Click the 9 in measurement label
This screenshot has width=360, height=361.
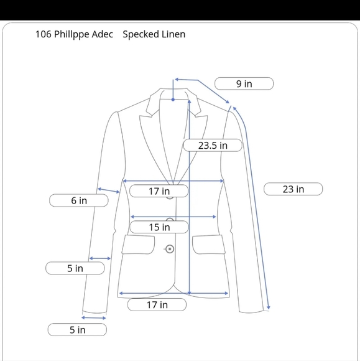coord(244,83)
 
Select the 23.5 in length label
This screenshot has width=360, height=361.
coord(213,145)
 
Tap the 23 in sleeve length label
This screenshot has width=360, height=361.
coord(293,189)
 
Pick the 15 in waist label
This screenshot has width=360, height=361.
coord(159,227)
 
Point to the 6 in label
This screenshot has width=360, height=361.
coord(79,200)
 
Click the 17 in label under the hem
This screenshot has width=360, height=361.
coord(157,304)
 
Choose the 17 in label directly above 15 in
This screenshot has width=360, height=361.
coord(159,191)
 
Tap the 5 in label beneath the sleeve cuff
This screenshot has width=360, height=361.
coord(77,330)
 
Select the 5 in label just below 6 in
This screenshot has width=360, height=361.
coord(75,268)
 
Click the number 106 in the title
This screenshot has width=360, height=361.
coord(44,34)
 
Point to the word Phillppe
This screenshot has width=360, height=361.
coord(72,34)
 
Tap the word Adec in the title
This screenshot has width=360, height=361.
coord(103,34)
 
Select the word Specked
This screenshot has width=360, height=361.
coord(141,34)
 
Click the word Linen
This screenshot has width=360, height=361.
coord(173,34)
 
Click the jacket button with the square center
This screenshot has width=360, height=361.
coord(170,249)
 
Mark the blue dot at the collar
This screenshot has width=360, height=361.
coord(173,100)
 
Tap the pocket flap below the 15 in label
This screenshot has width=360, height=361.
coord(138,245)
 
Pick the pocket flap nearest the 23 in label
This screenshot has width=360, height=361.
coord(209,245)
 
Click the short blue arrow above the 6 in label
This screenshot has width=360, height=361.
coord(109,190)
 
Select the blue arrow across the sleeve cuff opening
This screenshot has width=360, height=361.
coord(94,318)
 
